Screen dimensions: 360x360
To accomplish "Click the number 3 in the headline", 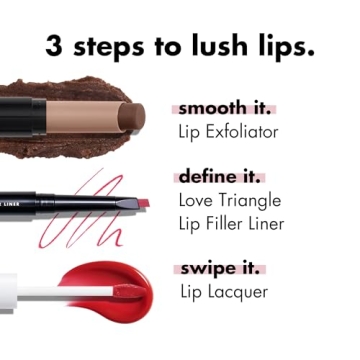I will (56, 47).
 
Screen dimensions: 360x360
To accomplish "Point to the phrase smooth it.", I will (224, 108).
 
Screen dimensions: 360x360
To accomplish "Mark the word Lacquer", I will (241, 292).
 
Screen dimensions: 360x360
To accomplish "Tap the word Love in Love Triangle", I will (197, 200).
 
